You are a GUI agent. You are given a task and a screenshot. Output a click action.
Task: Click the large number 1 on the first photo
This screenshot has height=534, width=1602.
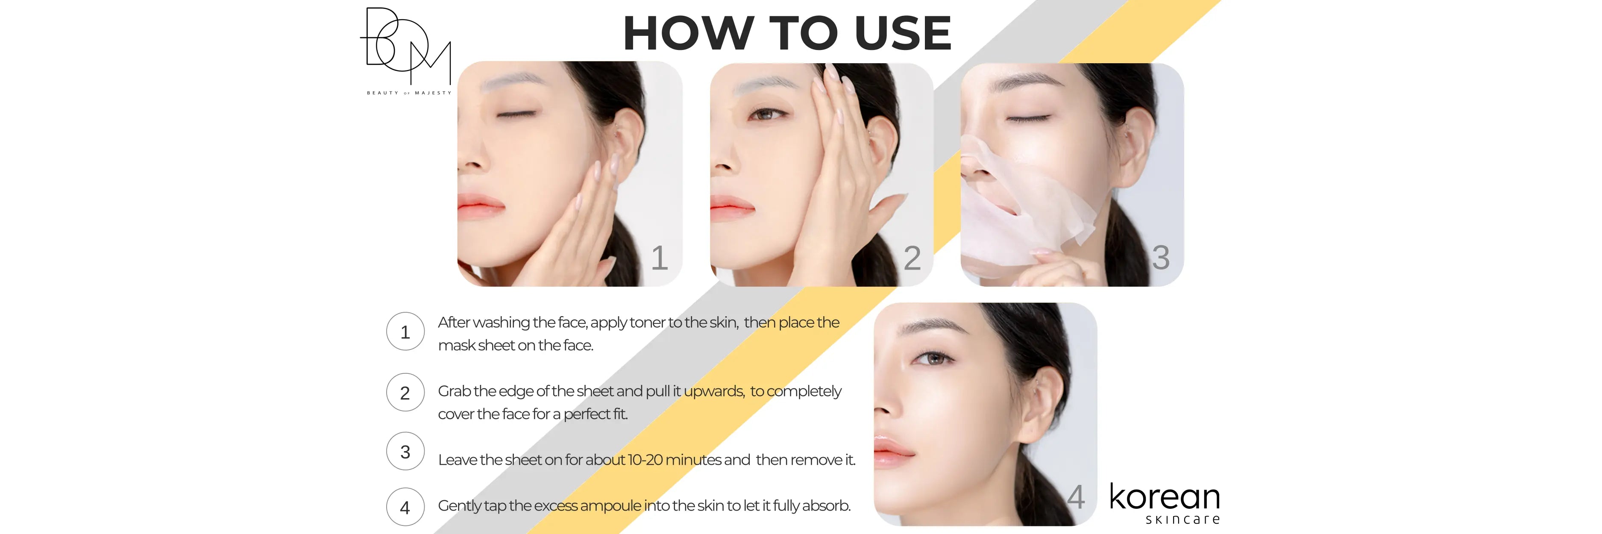pyautogui.click(x=659, y=257)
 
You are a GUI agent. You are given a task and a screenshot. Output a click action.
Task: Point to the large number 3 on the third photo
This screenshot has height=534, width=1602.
pyautogui.click(x=1160, y=257)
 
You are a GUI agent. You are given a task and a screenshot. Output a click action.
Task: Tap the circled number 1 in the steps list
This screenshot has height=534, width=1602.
pyautogui.click(x=405, y=332)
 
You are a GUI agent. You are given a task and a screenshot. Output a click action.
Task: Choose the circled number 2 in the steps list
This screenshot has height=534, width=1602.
pyautogui.click(x=405, y=392)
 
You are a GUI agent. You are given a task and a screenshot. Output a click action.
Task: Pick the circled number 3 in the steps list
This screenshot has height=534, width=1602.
pyautogui.click(x=405, y=451)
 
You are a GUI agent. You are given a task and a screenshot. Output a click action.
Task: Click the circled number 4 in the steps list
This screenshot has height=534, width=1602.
pyautogui.click(x=405, y=507)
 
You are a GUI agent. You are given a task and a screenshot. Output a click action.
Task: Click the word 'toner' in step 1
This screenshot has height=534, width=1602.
pyautogui.click(x=647, y=323)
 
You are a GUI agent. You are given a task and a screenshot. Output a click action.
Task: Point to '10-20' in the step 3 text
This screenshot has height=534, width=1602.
pyautogui.click(x=645, y=460)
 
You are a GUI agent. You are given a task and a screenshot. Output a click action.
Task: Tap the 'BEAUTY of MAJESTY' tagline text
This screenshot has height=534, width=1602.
pyautogui.click(x=408, y=93)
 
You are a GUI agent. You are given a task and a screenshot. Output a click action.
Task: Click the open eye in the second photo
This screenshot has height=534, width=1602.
pyautogui.click(x=766, y=114)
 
